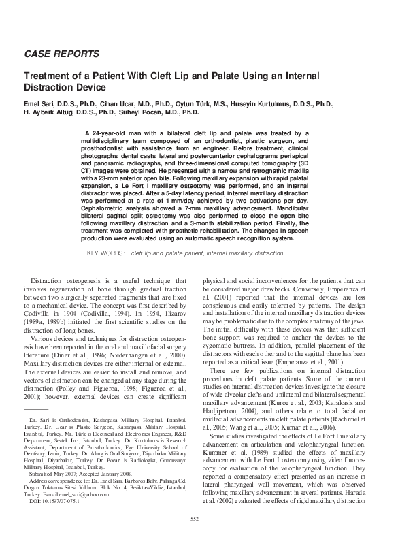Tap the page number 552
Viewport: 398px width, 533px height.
coord(199,519)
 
